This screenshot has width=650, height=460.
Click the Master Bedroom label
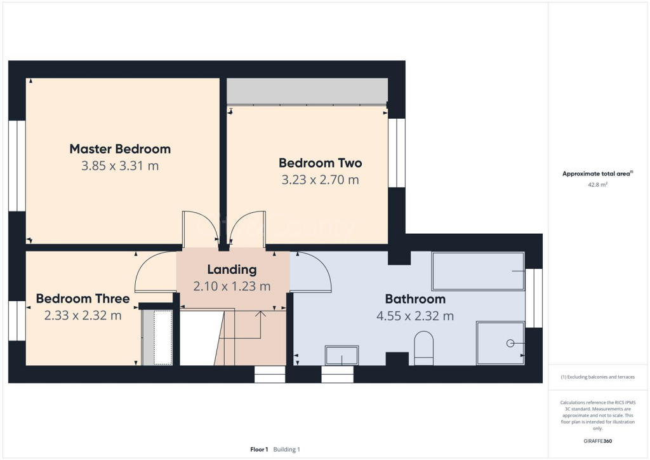coord(120,149)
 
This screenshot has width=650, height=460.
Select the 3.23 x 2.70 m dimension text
coord(320,180)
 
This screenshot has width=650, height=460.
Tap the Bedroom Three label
coord(83,299)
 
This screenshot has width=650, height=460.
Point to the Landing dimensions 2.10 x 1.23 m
coord(232,287)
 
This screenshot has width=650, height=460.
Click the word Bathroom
coord(415,299)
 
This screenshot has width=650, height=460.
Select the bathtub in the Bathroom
coord(478,271)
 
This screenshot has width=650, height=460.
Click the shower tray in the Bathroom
coord(500,343)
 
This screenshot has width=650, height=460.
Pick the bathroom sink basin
coord(342,355)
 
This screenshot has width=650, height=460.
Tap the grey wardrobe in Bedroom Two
coord(307,91)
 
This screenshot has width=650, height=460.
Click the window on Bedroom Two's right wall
coord(397,152)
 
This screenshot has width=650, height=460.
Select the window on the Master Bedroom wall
coord(17,165)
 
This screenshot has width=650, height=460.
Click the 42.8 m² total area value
coord(596,184)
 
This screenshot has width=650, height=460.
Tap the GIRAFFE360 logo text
coord(599,440)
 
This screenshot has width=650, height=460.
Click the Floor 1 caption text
coord(259,449)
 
